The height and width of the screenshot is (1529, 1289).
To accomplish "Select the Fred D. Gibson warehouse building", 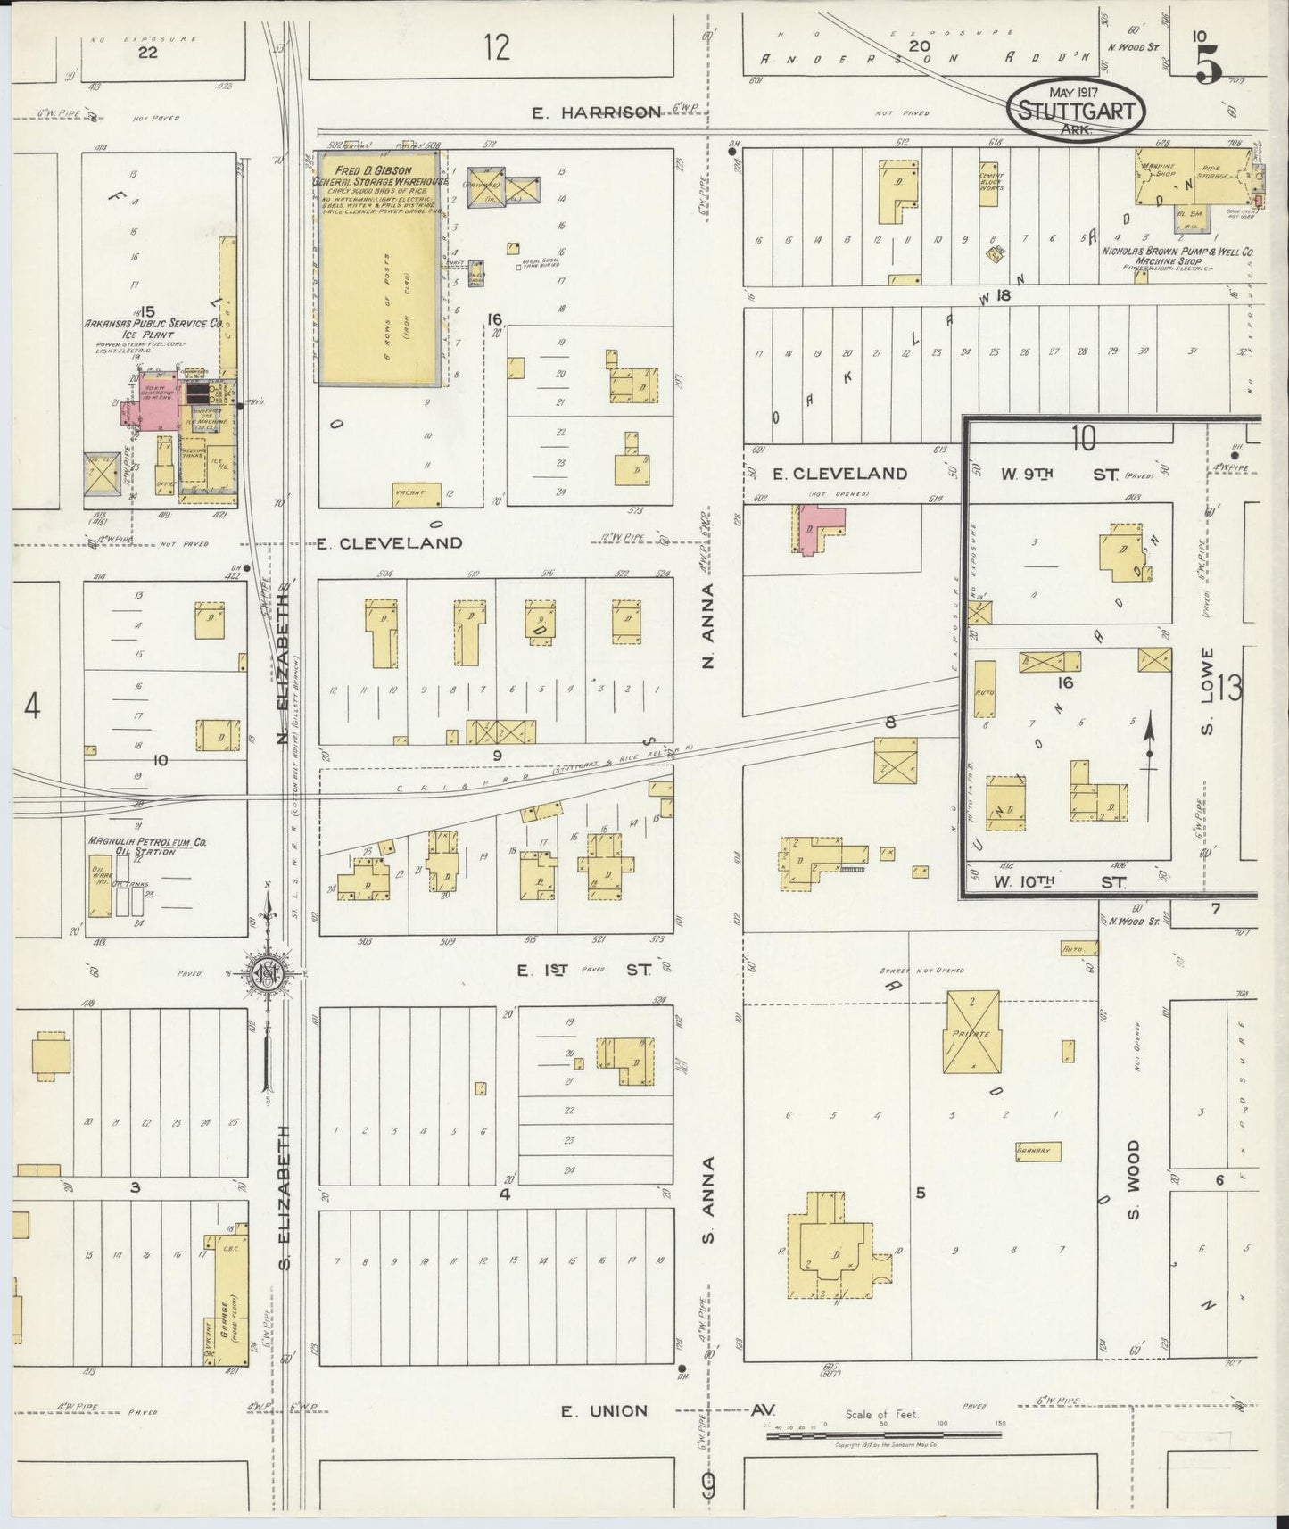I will coord(379,268).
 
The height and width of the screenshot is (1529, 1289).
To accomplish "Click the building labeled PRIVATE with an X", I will coord(972,1032).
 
